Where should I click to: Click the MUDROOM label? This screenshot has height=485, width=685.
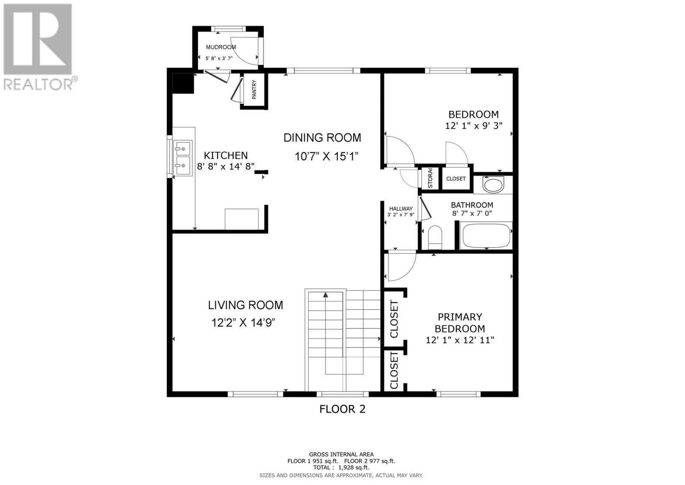coord(221,47)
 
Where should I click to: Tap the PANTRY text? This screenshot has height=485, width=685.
coord(254,90)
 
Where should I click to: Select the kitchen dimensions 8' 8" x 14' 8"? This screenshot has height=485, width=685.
coord(226,166)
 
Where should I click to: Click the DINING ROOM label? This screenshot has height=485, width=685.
coord(322,138)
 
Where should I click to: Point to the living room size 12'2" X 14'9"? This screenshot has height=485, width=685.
coord(244,323)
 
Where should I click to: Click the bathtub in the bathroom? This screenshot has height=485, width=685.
coord(486,235)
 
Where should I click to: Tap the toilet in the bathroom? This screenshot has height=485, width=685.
coord(435,238)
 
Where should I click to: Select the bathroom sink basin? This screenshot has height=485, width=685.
coord(493,185)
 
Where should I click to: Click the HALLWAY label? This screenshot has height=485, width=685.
coord(401,209)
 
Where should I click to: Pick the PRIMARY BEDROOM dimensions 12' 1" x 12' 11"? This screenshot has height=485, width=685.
coord(460,340)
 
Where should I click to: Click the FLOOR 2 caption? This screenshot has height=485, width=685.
coord(342,409)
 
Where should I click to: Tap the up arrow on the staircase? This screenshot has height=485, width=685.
coord(325,295)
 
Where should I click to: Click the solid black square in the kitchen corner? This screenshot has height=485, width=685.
coord(183,83)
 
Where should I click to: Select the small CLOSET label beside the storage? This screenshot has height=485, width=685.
coord(456,179)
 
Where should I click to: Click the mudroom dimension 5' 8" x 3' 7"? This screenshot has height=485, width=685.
coord(219,58)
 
